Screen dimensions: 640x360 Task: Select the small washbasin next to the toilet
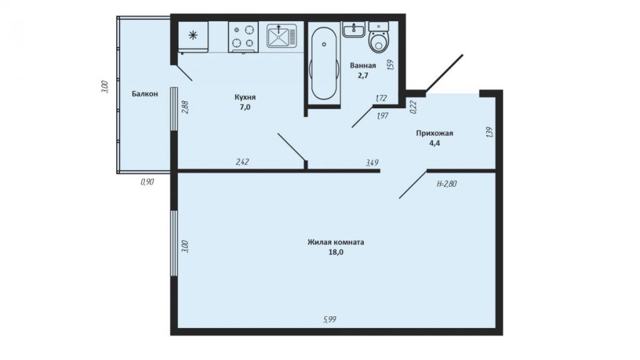[354, 30]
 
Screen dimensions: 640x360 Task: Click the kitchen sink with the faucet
[282, 36]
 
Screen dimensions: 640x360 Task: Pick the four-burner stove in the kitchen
[243, 37]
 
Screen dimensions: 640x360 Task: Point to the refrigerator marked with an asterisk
[193, 37]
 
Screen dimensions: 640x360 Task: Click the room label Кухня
[245, 97]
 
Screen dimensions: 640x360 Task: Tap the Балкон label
[144, 94]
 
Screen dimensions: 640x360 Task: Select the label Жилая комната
[336, 242]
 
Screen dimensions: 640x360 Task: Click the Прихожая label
[434, 133]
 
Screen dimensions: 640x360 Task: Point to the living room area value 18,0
[336, 252]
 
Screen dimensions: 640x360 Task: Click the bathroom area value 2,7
[362, 75]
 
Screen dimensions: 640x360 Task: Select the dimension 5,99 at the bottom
[330, 319]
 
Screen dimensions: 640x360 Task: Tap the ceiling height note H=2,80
[446, 184]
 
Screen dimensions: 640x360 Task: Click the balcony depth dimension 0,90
[147, 182]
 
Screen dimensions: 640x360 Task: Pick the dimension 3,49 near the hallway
[372, 162]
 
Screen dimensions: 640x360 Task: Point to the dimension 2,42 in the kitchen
[242, 162]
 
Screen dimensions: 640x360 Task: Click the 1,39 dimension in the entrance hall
[490, 132]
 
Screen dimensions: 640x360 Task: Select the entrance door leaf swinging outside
[444, 72]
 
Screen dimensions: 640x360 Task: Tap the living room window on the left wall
[174, 243]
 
